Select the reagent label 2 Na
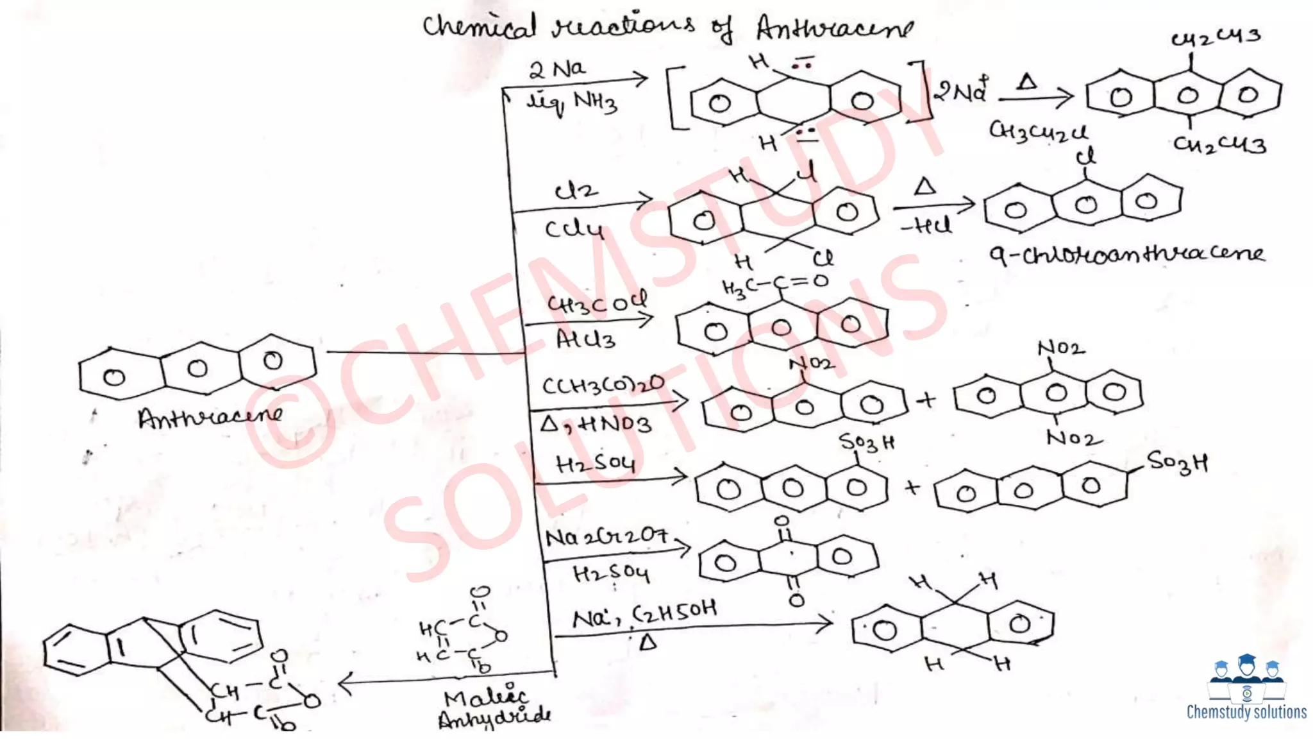click(557, 69)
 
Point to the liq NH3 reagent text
click(572, 103)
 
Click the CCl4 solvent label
click(574, 229)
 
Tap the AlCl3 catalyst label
click(585, 339)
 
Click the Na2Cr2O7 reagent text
click(606, 536)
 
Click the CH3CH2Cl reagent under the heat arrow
click(1037, 132)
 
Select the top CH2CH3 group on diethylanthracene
click(1216, 37)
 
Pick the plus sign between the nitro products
click(926, 400)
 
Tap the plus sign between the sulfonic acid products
click(912, 488)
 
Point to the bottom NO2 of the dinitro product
click(1074, 438)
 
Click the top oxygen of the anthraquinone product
click(782, 522)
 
